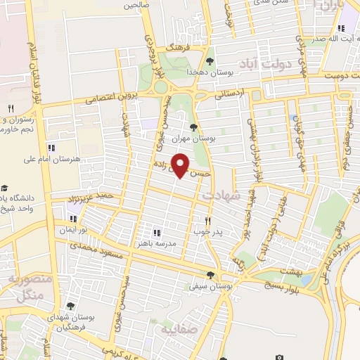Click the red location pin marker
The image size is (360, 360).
181,165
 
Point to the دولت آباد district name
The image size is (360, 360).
265,63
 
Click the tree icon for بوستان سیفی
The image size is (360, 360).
210,274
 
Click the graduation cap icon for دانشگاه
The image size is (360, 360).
5,188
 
